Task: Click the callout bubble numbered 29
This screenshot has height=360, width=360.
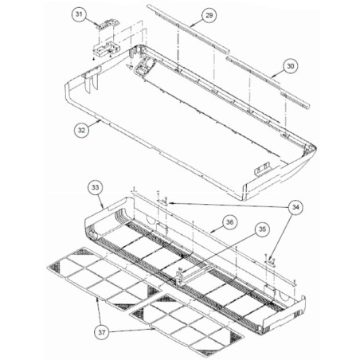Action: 209,15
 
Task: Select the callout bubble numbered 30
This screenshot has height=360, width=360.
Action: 291,66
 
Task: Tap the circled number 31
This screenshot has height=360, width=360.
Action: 79,14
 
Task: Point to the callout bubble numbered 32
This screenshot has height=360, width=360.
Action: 81,130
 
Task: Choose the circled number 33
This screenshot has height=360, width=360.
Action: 96,187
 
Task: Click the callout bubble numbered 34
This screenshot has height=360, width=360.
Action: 295,207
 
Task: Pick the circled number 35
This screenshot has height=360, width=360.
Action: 262,229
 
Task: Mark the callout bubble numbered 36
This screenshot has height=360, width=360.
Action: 229,221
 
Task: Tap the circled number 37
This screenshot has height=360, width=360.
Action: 102,332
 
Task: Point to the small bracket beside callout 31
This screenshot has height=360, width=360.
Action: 108,24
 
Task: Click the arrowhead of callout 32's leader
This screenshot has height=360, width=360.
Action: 100,121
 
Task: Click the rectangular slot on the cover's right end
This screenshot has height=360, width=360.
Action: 262,169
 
